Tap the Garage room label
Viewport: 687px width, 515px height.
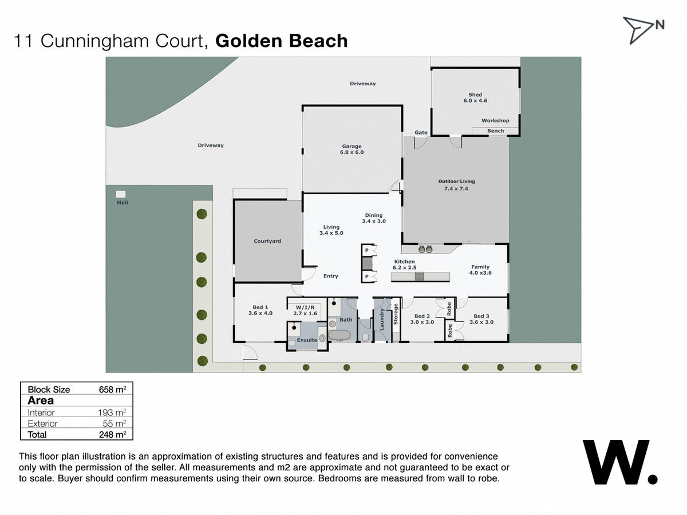point(352,146)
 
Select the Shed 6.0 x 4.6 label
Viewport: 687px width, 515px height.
point(475,97)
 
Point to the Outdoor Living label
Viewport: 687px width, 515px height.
point(456,181)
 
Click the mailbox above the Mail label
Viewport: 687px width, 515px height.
point(121,194)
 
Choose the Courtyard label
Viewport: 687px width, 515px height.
point(267,241)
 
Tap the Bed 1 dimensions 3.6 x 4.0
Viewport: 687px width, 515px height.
point(260,313)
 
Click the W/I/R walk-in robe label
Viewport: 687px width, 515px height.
point(305,307)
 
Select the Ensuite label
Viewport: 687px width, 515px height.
point(307,340)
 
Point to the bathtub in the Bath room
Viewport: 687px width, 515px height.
point(339,335)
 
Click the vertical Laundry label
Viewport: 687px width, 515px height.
point(381,319)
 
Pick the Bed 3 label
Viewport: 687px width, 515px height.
point(481,316)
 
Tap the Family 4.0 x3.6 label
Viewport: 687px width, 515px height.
point(480,270)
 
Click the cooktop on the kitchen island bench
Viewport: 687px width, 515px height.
point(420,276)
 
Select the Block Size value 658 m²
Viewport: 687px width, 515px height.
point(113,389)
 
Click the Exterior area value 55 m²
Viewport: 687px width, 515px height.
point(114,423)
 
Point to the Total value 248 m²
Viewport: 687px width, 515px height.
point(113,434)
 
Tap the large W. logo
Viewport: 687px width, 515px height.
point(620,462)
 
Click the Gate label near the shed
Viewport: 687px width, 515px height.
point(421,133)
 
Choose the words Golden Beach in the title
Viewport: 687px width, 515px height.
point(281,41)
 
